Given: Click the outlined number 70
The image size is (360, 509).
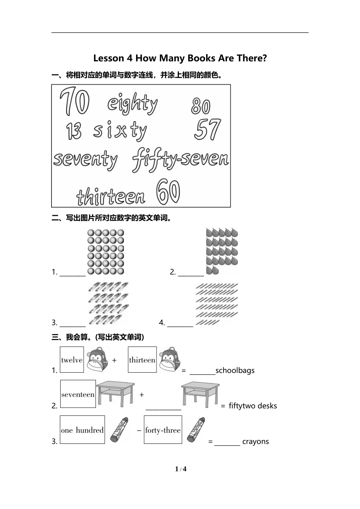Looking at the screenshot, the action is click(74, 101).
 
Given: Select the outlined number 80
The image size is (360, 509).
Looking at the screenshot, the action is click(200, 106).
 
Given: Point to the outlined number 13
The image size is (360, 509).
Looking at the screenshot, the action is click(74, 131).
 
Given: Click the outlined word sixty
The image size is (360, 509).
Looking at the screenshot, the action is click(120, 130).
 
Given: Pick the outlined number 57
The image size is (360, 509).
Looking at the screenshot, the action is click(207, 129).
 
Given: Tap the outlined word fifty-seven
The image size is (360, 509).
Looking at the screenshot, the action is click(181, 159).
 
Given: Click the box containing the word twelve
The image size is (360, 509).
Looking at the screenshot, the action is click(72, 359).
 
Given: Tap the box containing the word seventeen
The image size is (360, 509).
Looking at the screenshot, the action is click(78, 394).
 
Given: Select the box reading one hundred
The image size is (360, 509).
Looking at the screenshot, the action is click(82, 429).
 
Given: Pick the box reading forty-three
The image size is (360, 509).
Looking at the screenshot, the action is click(163, 429).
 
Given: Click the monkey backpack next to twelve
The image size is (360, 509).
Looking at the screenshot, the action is click(97, 359).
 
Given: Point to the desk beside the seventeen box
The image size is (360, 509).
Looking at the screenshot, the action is click(115, 394).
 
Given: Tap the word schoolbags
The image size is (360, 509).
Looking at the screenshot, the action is click(235, 371).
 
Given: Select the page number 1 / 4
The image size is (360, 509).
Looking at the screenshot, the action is click(181, 469).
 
